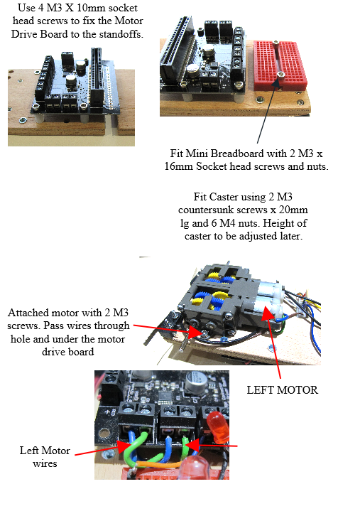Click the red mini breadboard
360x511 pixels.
(280, 65)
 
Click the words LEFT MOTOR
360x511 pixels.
(282, 390)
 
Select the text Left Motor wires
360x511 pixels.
(45, 457)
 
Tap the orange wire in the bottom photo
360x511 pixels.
(159, 463)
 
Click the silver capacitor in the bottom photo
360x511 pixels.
(194, 380)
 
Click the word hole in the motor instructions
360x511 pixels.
(20, 339)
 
